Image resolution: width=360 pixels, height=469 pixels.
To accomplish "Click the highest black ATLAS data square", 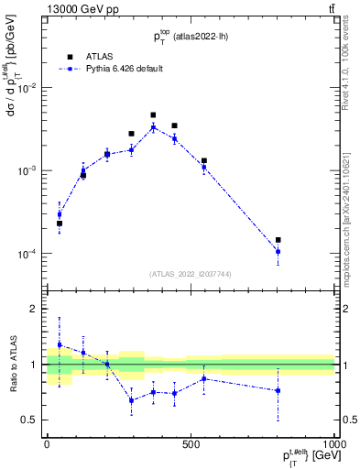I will [153, 115].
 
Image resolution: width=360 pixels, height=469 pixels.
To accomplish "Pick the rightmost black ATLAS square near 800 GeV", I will [278, 240].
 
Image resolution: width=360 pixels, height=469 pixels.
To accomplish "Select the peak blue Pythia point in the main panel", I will [153, 127].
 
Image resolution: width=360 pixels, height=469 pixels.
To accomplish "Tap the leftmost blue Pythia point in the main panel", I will [60, 214].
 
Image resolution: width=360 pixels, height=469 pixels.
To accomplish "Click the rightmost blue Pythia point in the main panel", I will [278, 251].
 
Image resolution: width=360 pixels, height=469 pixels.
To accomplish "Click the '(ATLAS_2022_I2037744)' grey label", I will [190, 274].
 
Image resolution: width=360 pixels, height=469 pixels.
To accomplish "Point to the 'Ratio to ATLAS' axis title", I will [11, 364].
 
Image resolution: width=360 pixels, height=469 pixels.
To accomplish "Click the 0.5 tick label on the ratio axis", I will [29, 420].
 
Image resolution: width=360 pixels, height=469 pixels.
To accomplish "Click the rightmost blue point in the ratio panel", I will [278, 390].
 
